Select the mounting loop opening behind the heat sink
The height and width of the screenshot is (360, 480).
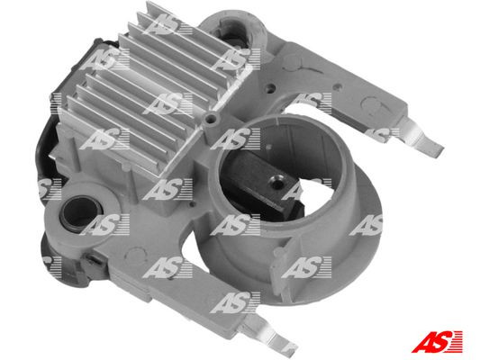241,33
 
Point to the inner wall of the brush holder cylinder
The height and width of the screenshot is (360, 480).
297,144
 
